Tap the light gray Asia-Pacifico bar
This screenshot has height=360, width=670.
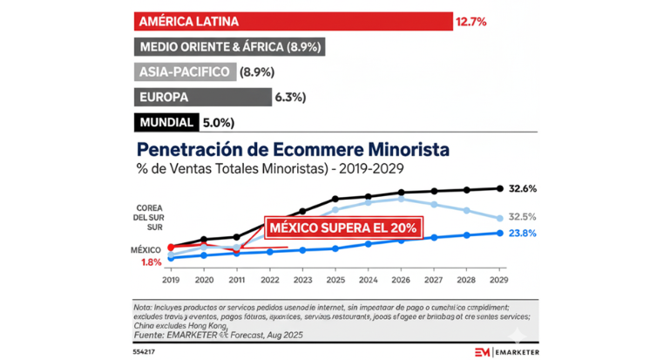(184, 71)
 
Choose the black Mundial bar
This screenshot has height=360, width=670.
(166, 122)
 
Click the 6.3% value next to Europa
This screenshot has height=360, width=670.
(289, 97)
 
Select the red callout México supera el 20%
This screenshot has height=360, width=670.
(343, 228)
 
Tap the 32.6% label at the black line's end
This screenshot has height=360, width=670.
(522, 188)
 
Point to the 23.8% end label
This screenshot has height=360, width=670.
(522, 233)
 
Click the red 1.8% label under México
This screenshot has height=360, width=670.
(151, 262)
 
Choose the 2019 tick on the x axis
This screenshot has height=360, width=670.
(172, 281)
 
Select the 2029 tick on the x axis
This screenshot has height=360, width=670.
(500, 281)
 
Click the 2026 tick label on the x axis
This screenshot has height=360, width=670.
(401, 281)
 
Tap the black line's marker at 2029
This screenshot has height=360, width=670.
(500, 188)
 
